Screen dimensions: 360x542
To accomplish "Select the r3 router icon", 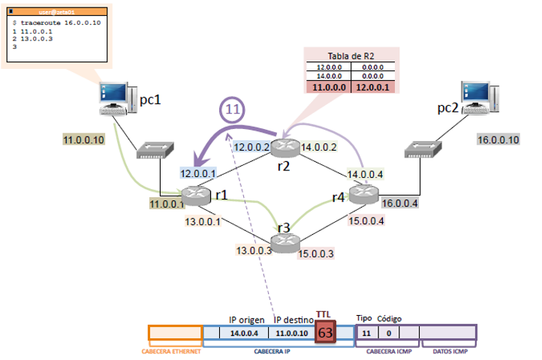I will coord(285,241).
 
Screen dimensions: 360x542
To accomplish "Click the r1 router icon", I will coord(197,194).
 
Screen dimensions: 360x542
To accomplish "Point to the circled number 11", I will coord(234,109).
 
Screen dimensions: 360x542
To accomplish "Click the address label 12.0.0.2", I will coord(251,148).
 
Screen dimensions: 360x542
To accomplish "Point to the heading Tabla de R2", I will coord(351,57).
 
